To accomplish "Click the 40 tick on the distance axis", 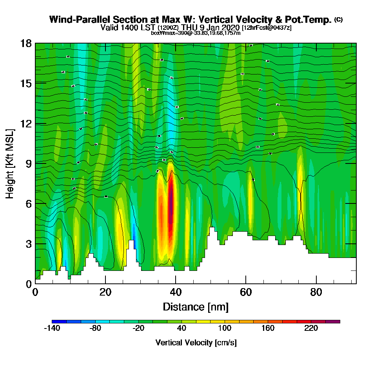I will pyautogui.click(x=176, y=292).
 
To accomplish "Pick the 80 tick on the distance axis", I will pyautogui.click(x=316, y=292).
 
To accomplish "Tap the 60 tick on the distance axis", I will pyautogui.click(x=246, y=292).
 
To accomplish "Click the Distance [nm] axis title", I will pyautogui.click(x=196, y=307).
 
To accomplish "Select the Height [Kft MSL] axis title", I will pyautogui.click(x=10, y=163).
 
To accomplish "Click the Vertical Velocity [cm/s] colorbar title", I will pyautogui.click(x=196, y=343).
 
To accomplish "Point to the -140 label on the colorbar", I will pyautogui.click(x=52, y=328).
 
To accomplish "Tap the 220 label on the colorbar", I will pyautogui.click(x=311, y=328).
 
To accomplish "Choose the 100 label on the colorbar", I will pyautogui.click(x=225, y=328).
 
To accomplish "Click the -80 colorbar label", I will pyautogui.click(x=95, y=328).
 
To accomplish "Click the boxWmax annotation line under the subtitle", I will pyautogui.click(x=196, y=33).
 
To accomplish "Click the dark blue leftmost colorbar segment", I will pyautogui.click(x=59, y=321).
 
